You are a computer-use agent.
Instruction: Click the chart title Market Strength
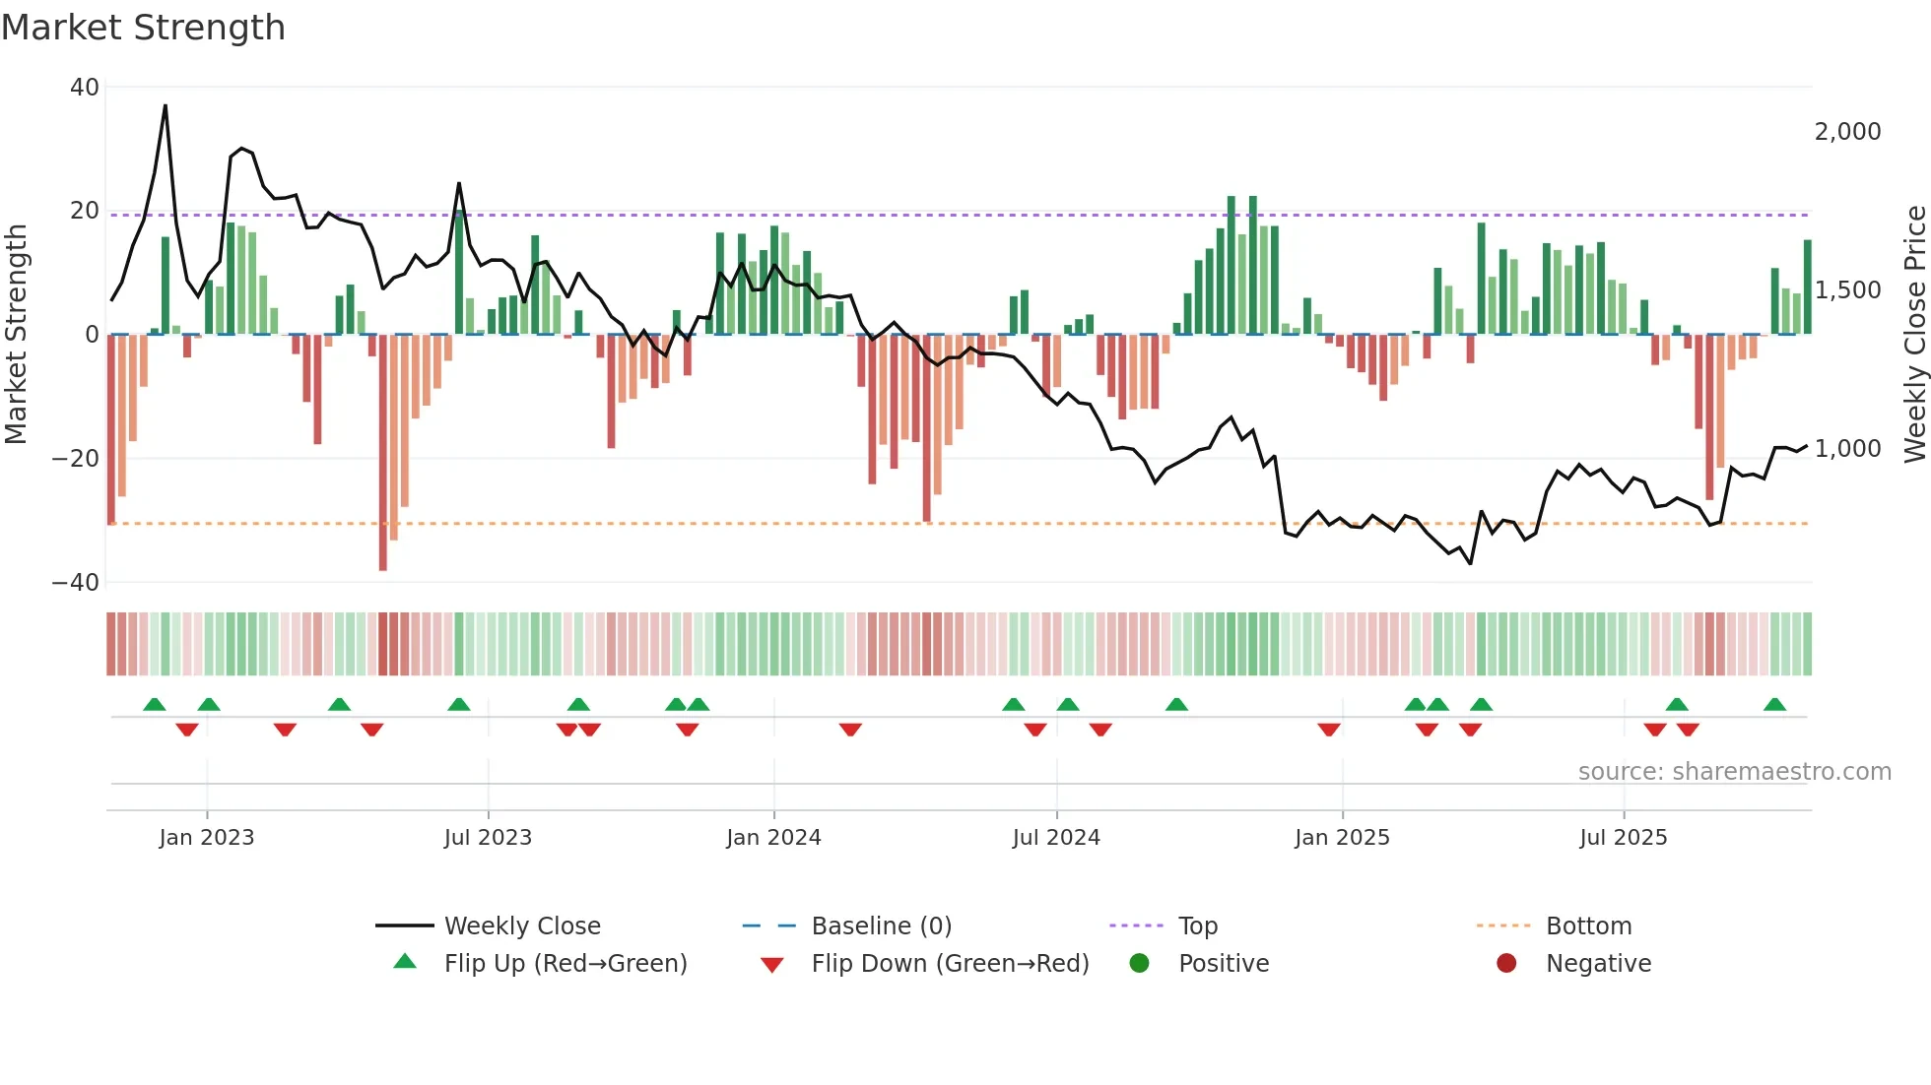143,28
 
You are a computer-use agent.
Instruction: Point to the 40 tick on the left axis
85,88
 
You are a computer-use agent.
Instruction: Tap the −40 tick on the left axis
76,582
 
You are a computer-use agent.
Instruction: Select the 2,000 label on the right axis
1847,132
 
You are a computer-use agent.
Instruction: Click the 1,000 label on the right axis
1847,449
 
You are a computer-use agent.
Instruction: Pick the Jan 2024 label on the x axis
773,838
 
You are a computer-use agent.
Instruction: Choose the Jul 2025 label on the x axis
1623,838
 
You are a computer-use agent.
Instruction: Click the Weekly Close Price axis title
1914,335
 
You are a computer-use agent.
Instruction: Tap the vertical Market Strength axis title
16,335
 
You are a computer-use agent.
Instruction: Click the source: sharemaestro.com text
1734,772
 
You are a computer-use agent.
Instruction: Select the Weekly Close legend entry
521,926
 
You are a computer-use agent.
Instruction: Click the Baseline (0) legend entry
881,926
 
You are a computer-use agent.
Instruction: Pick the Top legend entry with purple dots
1197,926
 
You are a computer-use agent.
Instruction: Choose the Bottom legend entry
1588,926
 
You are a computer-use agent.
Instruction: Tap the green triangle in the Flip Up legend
405,962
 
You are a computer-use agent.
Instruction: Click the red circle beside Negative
1506,963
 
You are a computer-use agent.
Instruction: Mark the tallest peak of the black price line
166,105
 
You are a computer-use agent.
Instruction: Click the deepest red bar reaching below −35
383,453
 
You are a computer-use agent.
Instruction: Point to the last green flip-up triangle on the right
1774,705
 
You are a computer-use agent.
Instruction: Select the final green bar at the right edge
1807,287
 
